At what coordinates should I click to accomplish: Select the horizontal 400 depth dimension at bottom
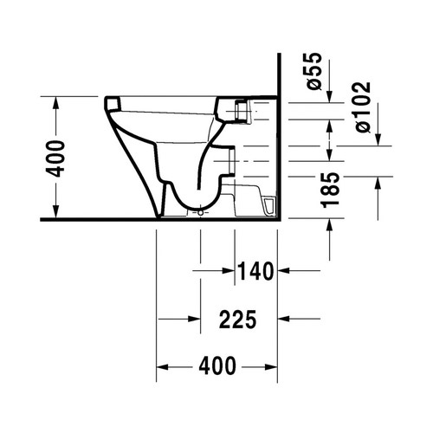[x=217, y=366]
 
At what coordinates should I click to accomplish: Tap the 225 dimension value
[x=237, y=320]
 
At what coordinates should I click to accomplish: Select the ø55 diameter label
[x=314, y=73]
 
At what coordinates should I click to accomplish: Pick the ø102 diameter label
[x=361, y=107]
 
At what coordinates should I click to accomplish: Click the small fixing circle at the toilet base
[x=200, y=211]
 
